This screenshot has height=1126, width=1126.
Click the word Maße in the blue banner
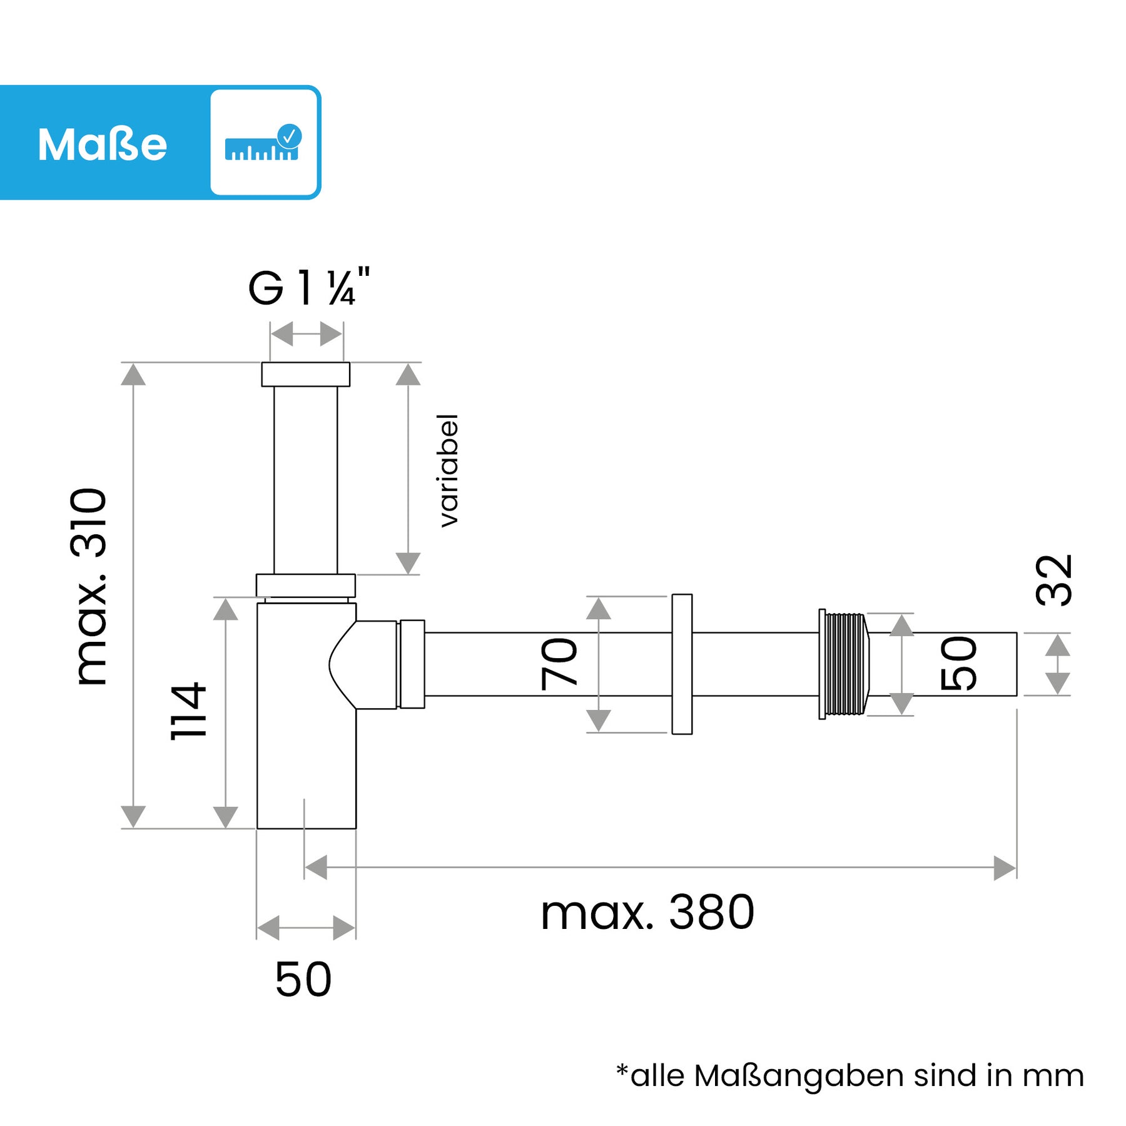pyautogui.click(x=103, y=145)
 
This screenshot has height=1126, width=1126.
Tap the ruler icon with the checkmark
pyautogui.click(x=263, y=143)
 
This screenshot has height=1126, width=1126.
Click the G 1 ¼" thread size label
pyautogui.click(x=309, y=287)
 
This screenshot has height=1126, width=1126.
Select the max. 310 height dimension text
pyautogui.click(x=89, y=586)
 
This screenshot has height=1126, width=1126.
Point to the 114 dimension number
pyautogui.click(x=188, y=710)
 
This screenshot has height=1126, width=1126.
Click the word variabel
pyautogui.click(x=449, y=470)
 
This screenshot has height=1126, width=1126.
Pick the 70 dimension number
pyautogui.click(x=559, y=664)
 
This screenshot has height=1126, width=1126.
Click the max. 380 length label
pyautogui.click(x=647, y=913)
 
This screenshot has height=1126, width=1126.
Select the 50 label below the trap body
pyautogui.click(x=303, y=980)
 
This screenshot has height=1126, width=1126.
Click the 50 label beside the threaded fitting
pyautogui.click(x=959, y=664)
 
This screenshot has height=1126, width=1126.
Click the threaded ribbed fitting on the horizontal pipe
pyautogui.click(x=844, y=664)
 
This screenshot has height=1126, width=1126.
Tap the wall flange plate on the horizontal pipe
pyautogui.click(x=682, y=664)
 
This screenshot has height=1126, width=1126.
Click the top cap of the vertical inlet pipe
pyautogui.click(x=305, y=374)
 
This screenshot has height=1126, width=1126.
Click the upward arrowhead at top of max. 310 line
pyautogui.click(x=133, y=375)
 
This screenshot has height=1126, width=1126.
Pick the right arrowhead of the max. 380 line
pyautogui.click(x=1005, y=868)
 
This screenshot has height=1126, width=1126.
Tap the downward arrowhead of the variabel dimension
pyautogui.click(x=408, y=562)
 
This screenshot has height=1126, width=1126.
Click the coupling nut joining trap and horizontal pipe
pyautogui.click(x=412, y=664)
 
